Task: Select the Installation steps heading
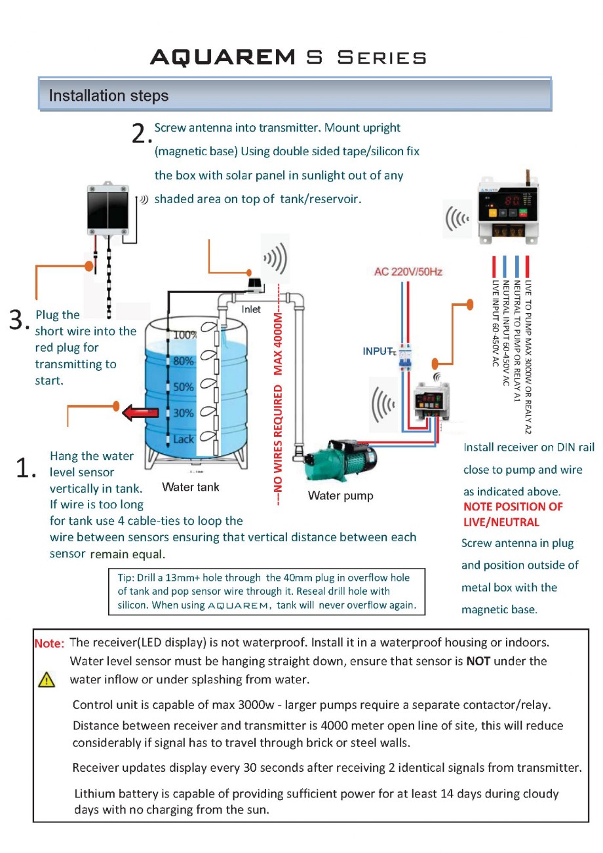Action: pos(108,96)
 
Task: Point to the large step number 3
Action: pos(19,320)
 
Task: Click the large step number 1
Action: pos(24,467)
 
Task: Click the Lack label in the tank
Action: pos(184,439)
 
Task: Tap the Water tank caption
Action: pos(190,487)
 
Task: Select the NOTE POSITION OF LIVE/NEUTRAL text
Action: pos(513,514)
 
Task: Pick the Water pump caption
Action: pos(340,495)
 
